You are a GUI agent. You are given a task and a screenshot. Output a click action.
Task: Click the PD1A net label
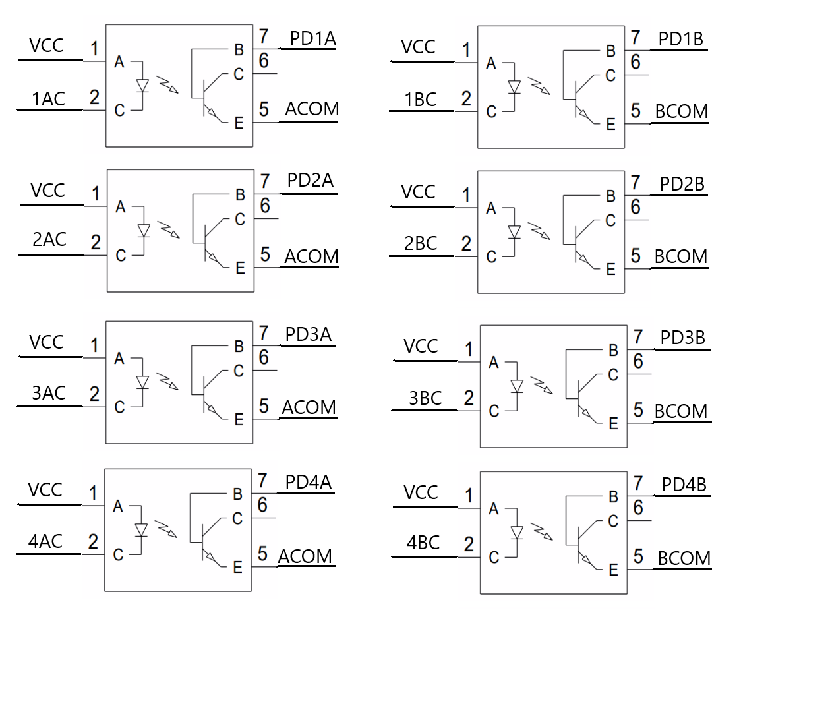312,39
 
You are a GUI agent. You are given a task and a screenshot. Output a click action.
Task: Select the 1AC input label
49,99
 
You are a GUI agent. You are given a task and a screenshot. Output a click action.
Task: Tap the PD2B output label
682,184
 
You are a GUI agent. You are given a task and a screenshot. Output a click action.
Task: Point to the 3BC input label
425,398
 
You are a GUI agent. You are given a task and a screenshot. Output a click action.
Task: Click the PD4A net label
308,482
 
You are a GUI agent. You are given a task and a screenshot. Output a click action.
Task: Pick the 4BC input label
423,543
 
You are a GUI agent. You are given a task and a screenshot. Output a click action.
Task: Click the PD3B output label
682,338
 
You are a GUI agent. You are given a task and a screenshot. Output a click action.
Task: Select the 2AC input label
49,239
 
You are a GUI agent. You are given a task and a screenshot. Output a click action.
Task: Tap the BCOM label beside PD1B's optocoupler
681,111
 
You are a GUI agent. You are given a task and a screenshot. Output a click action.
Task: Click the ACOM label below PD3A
309,407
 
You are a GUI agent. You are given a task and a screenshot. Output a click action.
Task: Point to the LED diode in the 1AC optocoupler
142,85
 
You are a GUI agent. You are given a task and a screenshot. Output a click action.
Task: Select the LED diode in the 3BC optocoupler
517,386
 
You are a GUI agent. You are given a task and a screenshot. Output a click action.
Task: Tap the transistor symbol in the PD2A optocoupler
210,243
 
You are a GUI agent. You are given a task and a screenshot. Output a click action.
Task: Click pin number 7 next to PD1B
636,38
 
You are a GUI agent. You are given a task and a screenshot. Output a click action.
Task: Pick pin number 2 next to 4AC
93,541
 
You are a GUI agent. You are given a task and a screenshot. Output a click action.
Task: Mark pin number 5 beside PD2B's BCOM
636,256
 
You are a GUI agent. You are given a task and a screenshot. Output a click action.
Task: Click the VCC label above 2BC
418,192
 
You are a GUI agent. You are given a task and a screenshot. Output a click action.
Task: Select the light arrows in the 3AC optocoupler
169,380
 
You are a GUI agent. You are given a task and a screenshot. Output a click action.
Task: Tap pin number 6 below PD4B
638,508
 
